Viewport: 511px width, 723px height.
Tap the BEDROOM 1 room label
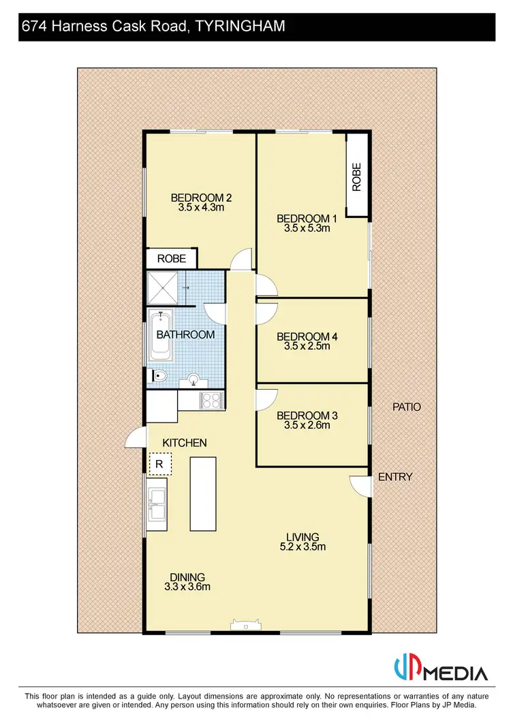307,219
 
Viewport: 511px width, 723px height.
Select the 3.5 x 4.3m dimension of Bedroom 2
201,208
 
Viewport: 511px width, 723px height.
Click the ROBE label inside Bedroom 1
356,176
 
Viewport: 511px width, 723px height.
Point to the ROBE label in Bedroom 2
172,259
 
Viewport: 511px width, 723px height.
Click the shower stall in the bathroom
162,287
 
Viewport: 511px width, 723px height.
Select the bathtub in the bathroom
161,336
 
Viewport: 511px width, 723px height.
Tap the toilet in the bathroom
159,375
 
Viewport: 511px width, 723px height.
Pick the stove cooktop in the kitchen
211,400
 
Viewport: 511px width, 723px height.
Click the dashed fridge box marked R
160,464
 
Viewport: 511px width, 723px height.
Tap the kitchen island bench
203,494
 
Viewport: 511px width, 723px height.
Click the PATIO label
407,407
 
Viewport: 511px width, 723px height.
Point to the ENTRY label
395,477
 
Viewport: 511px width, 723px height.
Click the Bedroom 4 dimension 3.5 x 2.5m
307,346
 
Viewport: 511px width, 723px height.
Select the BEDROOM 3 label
307,416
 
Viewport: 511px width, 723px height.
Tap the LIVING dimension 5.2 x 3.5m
303,547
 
